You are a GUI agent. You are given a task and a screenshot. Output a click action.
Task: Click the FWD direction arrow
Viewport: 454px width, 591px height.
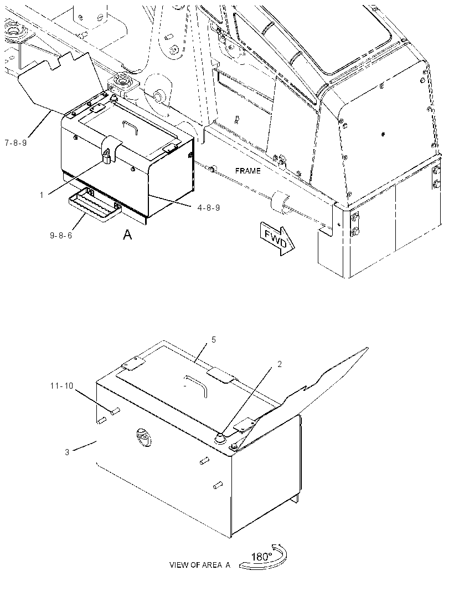tap(277, 238)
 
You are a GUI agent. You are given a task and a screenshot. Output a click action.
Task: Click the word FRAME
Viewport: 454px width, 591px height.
tap(247, 171)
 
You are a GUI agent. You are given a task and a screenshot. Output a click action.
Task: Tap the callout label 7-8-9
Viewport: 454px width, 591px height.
tap(16, 143)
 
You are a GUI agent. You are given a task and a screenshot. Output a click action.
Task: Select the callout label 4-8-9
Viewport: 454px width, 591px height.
tap(209, 208)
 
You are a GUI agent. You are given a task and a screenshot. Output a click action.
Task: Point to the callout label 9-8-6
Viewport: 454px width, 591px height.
tap(61, 236)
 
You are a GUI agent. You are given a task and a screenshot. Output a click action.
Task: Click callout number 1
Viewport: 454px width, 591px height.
tap(42, 195)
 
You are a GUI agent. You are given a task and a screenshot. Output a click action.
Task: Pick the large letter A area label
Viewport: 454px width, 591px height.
tap(127, 235)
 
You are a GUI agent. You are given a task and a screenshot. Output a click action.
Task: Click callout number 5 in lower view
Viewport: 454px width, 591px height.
tap(214, 340)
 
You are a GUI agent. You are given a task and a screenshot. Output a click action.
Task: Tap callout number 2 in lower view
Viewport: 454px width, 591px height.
tap(280, 364)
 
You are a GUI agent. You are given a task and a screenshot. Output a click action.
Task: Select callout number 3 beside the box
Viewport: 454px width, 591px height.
tap(67, 452)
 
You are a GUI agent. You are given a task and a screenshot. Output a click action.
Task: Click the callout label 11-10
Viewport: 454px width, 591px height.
tap(62, 386)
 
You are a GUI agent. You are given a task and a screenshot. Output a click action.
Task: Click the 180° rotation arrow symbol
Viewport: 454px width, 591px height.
tap(264, 557)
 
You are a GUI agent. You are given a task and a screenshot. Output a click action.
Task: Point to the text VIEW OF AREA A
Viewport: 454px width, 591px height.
tap(200, 565)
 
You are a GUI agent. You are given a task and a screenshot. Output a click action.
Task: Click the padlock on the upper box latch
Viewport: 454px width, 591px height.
tap(107, 156)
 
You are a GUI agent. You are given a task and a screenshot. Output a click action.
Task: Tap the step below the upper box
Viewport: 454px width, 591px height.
tap(95, 205)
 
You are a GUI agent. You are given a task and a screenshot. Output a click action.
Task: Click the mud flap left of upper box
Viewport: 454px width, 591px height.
tap(56, 81)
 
